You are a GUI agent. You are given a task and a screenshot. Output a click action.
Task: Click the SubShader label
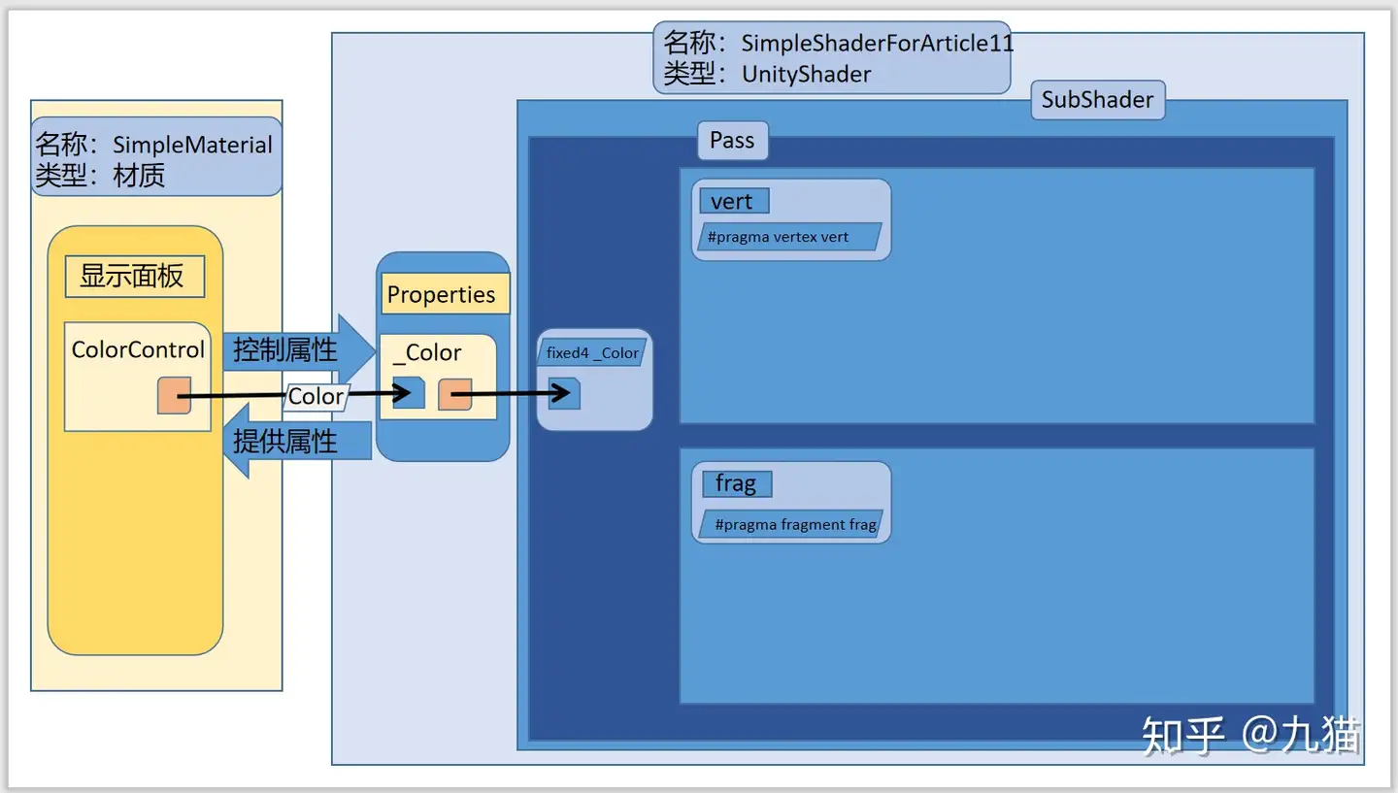click(1097, 100)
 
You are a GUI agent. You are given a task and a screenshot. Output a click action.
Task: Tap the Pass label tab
click(732, 141)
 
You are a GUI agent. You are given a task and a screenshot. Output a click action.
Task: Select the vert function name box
click(734, 201)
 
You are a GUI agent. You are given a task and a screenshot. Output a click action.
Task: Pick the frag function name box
click(736, 483)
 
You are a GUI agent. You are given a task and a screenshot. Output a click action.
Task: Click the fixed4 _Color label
click(592, 353)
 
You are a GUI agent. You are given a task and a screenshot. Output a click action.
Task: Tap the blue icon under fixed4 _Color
click(564, 393)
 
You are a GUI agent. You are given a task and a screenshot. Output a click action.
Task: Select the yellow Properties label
click(442, 295)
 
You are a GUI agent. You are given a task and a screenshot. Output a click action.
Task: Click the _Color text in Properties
click(427, 353)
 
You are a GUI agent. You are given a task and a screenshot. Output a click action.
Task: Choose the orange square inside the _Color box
click(454, 394)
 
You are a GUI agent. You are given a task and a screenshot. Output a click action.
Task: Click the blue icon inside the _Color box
click(409, 393)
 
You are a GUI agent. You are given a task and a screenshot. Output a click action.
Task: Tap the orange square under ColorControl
click(174, 396)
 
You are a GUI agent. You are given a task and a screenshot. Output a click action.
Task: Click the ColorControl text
click(138, 349)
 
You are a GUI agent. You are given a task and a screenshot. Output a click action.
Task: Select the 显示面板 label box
click(134, 277)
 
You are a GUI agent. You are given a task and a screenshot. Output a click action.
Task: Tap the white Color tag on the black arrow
click(316, 396)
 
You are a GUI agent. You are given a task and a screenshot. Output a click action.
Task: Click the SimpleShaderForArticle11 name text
click(877, 43)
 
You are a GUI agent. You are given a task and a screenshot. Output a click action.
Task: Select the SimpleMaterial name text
click(192, 146)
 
